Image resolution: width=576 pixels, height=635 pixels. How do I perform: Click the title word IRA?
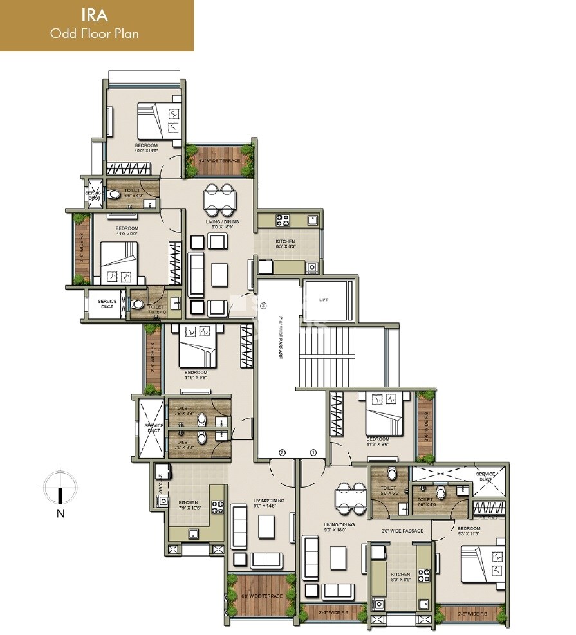coord(95,15)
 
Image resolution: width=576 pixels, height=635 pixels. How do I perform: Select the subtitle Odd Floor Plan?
coord(95,33)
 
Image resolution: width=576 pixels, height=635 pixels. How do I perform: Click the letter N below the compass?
coord(60,513)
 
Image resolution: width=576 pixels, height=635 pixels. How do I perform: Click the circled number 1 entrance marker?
coord(313,452)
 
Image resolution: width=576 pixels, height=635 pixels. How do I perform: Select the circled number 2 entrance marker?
coord(281,452)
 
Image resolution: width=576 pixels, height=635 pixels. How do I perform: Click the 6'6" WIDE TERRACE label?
coord(262,596)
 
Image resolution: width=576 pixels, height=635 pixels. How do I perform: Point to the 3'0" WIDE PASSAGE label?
coord(404,531)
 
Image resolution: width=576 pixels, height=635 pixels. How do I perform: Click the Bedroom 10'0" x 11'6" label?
coord(146,148)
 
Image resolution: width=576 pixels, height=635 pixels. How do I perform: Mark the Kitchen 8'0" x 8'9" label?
coord(400,576)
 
